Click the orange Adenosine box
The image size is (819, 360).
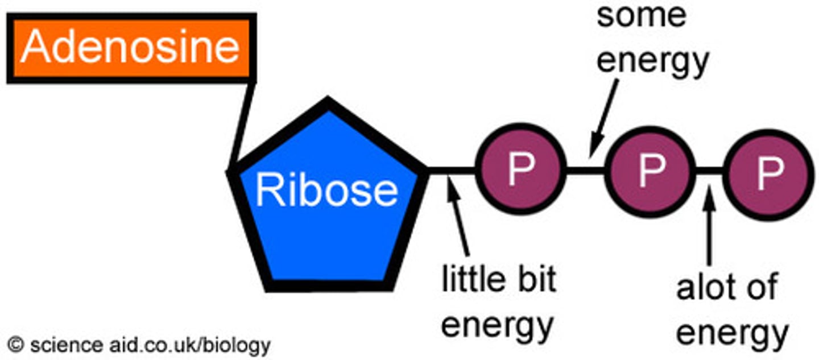(x=131, y=48)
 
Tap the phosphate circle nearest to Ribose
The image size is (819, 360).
(x=521, y=169)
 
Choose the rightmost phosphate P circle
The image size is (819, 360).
(x=769, y=169)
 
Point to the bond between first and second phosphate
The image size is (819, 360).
(x=586, y=169)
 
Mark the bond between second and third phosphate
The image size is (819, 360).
(x=709, y=169)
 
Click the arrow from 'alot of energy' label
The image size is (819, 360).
(x=709, y=227)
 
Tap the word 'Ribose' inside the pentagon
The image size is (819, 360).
(x=326, y=191)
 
